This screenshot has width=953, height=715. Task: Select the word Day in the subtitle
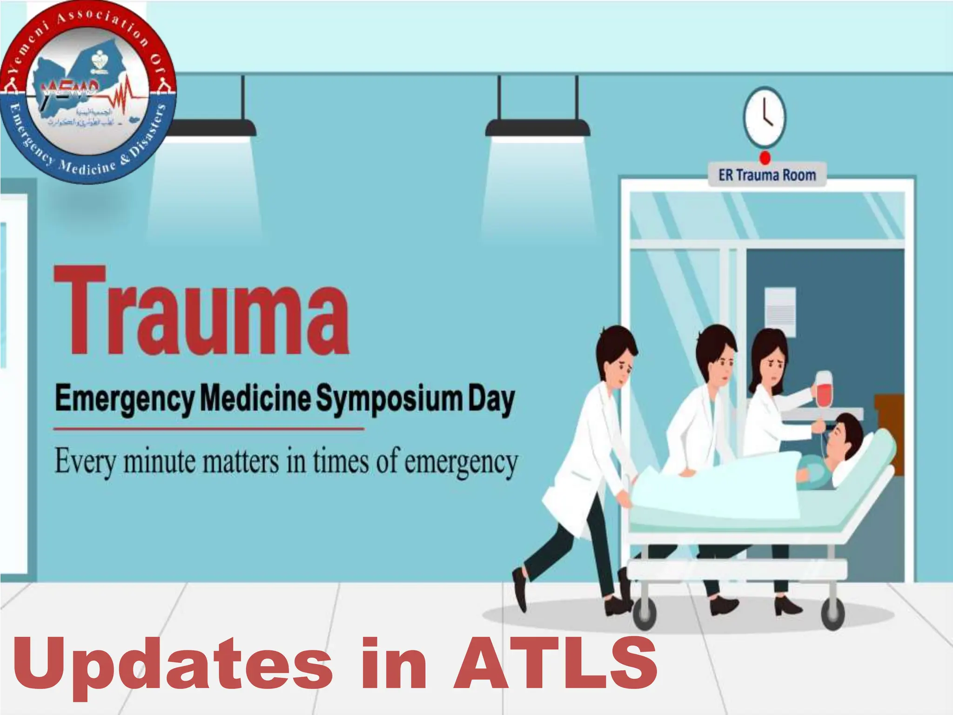click(x=491, y=399)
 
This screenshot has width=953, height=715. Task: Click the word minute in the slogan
click(x=161, y=461)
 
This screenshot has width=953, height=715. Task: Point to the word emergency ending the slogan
click(x=461, y=462)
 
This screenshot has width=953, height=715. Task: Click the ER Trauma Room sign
click(x=767, y=175)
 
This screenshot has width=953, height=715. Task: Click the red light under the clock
click(x=765, y=158)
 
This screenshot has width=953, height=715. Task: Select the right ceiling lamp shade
click(x=537, y=128)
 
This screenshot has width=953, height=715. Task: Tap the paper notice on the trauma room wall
click(x=780, y=309)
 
